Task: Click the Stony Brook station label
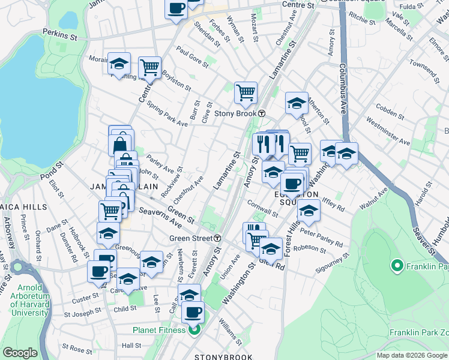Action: click(235, 113)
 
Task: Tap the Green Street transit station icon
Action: click(217, 238)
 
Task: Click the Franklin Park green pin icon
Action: click(396, 265)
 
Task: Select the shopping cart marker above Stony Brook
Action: click(246, 93)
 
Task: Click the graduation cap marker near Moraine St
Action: click(119, 64)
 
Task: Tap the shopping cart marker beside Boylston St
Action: click(149, 68)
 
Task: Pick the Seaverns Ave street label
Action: click(160, 217)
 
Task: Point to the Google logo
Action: click(20, 353)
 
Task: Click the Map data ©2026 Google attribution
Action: click(411, 355)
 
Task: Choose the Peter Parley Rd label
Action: click(321, 238)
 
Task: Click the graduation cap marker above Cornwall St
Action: click(274, 173)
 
